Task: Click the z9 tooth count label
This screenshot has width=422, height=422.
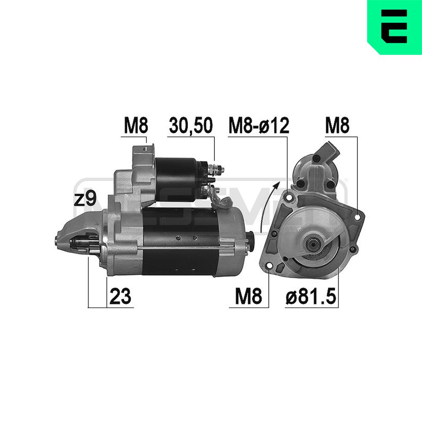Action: (85, 200)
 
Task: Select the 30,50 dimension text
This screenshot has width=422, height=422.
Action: (191, 125)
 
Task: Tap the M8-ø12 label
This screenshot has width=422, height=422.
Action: (259, 125)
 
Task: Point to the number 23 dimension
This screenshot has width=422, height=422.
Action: (120, 296)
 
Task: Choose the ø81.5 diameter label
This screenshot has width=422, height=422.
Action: (311, 296)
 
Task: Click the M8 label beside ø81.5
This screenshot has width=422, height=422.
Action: (249, 296)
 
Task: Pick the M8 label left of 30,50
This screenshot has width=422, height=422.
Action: (136, 125)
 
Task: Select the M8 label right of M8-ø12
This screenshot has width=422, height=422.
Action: (337, 125)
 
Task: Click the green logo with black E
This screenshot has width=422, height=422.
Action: (395, 27)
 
